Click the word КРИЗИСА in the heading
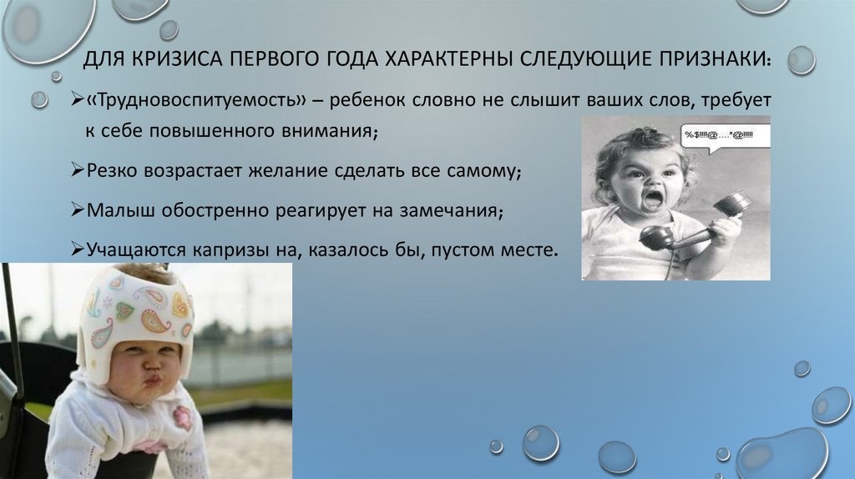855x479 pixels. pos(165,62)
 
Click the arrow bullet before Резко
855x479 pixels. pos(77,171)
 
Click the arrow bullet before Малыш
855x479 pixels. pos(77,210)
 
